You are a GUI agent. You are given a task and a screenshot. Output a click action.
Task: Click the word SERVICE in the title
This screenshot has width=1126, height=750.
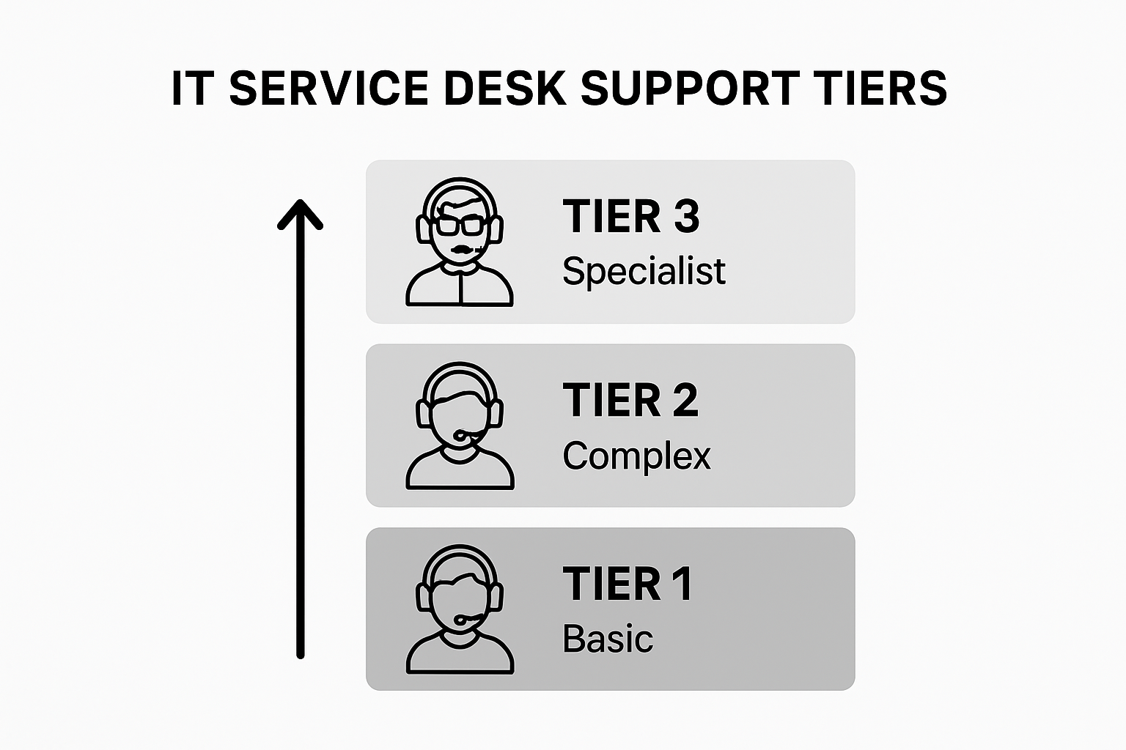(x=328, y=89)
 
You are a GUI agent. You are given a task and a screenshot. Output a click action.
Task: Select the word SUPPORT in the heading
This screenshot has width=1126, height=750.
(x=690, y=89)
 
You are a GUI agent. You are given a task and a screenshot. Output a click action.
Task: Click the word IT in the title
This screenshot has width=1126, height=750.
(x=191, y=89)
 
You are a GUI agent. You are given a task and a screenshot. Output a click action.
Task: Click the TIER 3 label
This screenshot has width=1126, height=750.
(x=631, y=217)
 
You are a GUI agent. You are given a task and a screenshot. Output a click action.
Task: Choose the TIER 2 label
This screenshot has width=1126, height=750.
(x=630, y=401)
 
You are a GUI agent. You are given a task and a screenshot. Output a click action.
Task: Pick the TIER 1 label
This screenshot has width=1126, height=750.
(x=628, y=584)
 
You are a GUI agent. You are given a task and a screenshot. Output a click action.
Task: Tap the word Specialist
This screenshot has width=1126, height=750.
(x=644, y=272)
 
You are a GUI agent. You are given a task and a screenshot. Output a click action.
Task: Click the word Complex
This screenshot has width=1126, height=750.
(x=636, y=456)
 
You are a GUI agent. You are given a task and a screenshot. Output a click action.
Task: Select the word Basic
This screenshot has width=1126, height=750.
(x=608, y=639)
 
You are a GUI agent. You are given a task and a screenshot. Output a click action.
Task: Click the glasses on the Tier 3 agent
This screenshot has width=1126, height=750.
(x=460, y=225)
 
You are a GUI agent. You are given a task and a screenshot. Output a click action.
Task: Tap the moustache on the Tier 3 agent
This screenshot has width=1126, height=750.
(x=460, y=250)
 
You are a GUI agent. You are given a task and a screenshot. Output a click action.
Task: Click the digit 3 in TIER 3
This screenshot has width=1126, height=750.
(x=686, y=217)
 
